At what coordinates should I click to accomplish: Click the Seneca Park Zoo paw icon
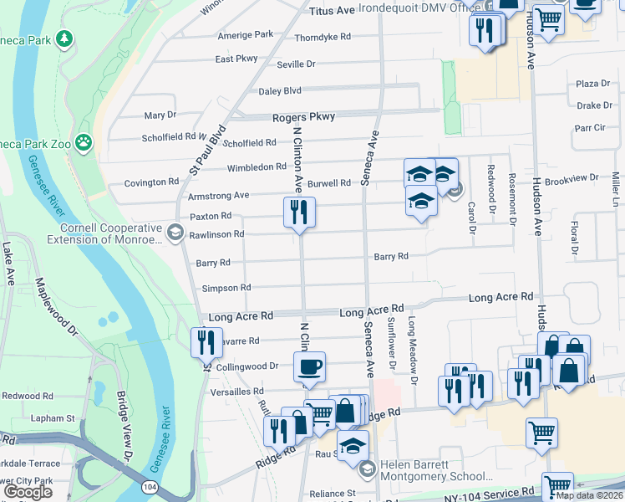[84, 142]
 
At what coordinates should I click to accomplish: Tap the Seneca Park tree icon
[64, 38]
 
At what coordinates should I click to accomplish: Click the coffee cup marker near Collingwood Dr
[309, 366]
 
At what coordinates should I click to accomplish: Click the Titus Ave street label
[332, 11]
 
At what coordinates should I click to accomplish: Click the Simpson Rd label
[226, 288]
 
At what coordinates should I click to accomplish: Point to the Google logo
[28, 492]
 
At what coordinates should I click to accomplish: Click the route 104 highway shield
[150, 485]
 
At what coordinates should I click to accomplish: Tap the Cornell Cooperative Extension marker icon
[175, 233]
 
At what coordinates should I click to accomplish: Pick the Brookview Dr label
[567, 180]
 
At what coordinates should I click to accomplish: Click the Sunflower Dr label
[391, 343]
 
